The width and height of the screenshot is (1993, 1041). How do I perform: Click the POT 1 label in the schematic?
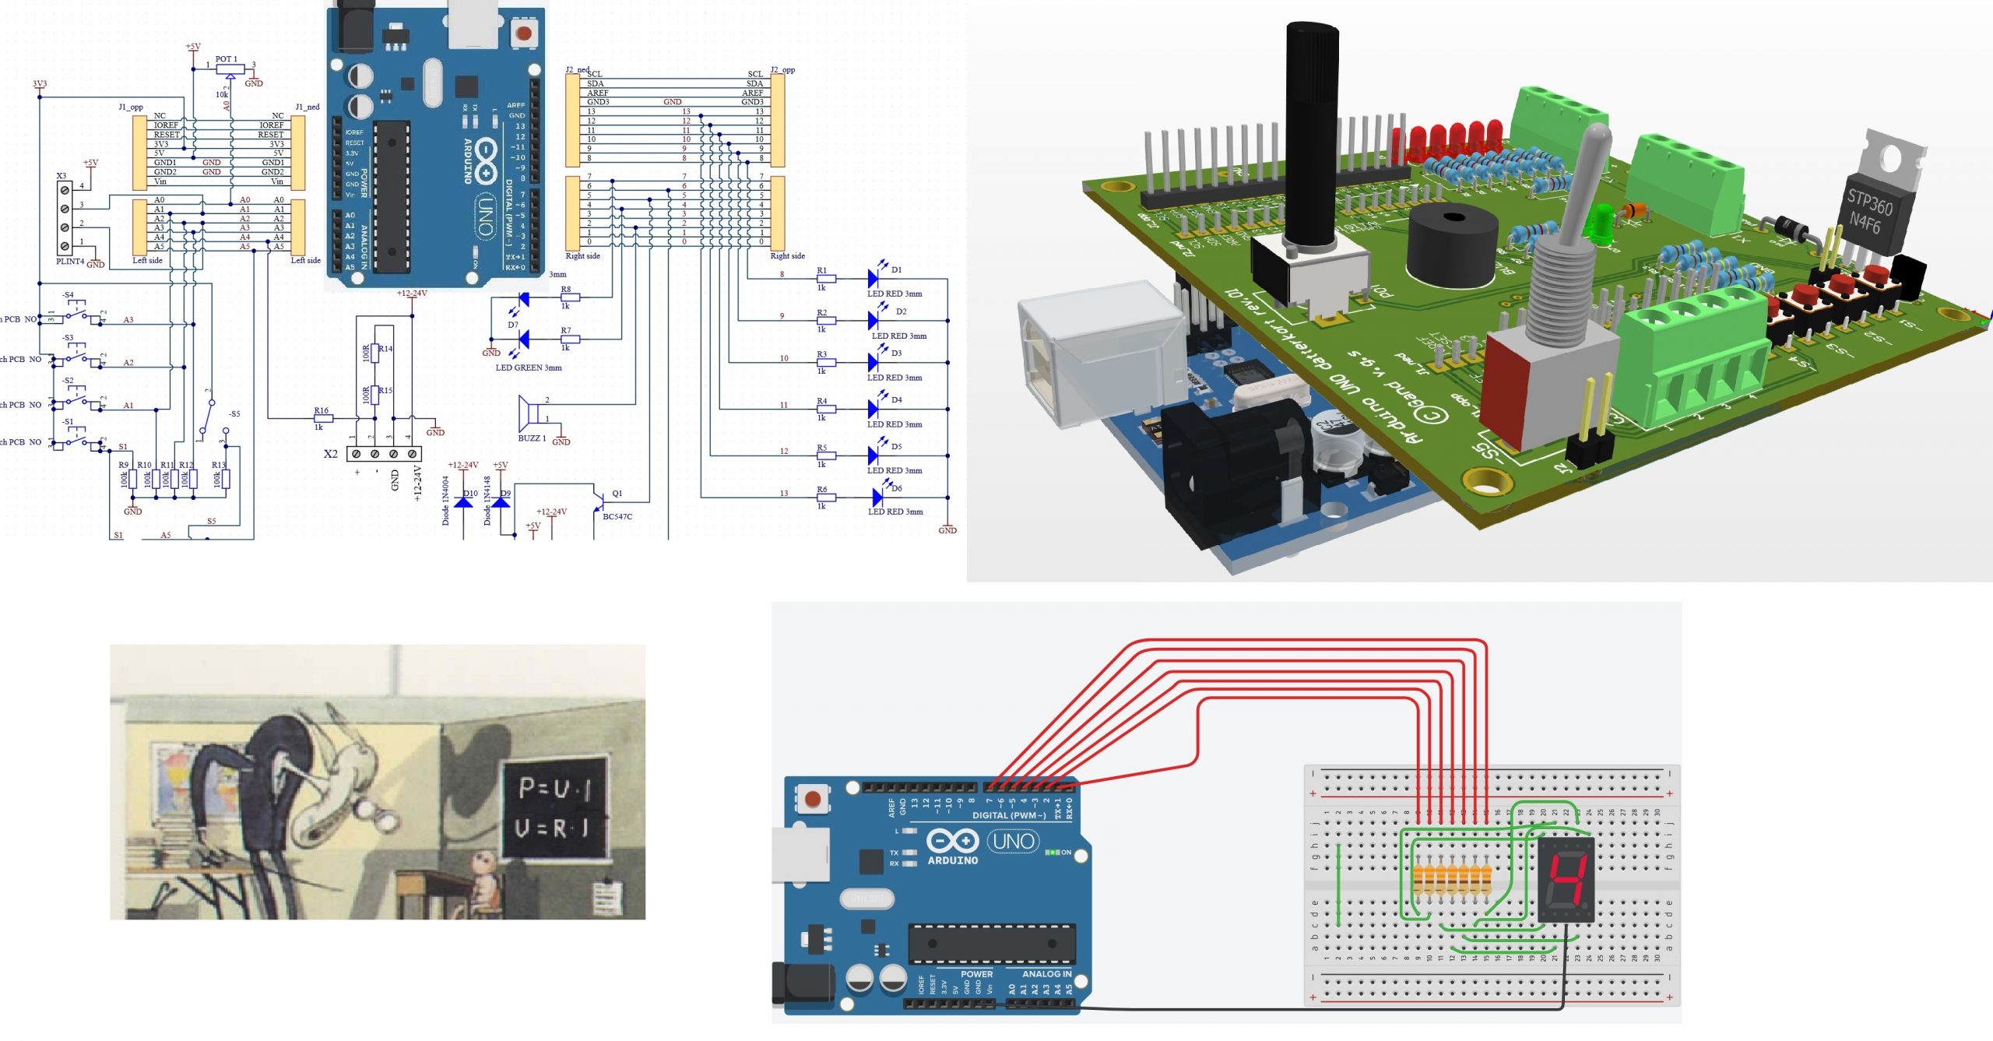[227, 59]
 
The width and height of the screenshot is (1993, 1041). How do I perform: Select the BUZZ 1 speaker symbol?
[527, 413]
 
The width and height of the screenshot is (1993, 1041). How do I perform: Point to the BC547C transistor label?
[617, 517]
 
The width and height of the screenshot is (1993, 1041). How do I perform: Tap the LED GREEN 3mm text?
[529, 368]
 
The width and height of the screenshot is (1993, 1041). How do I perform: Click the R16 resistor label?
[321, 410]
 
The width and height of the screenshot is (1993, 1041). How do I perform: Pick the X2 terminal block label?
[331, 454]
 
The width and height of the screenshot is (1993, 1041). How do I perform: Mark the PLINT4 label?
[70, 262]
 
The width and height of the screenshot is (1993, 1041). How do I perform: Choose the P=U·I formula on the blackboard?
[554, 789]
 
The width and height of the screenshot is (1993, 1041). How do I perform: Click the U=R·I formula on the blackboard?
[553, 828]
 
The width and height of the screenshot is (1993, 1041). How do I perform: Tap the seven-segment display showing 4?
[1566, 880]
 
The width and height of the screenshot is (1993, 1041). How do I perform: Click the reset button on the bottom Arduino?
[813, 799]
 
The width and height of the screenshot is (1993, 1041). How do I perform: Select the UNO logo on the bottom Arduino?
[1014, 842]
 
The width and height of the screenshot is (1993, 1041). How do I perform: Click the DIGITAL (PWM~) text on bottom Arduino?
[1009, 816]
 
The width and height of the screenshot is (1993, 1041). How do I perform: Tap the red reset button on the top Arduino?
[523, 33]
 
